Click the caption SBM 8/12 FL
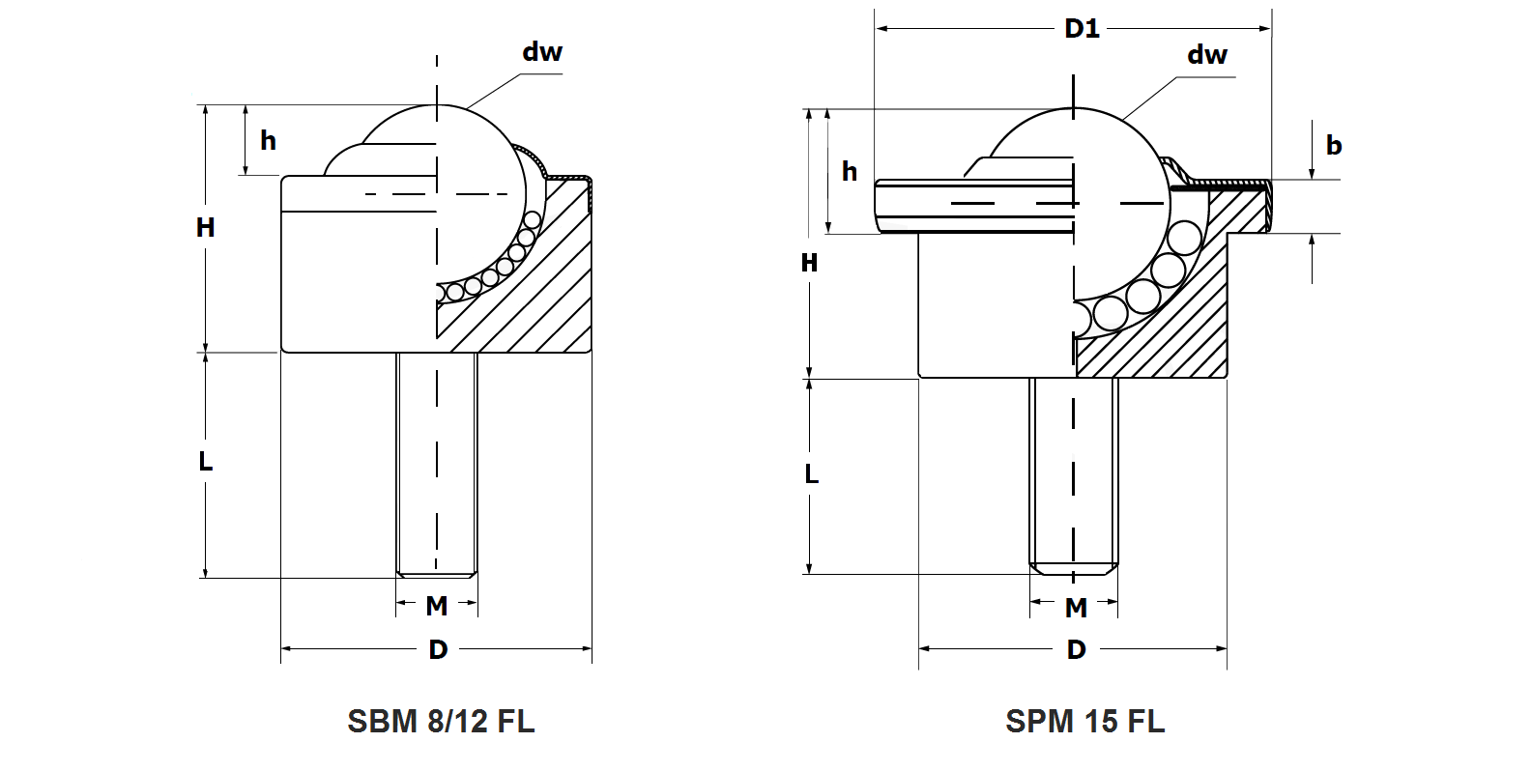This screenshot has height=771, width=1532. [441, 721]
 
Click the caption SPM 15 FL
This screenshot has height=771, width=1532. [1084, 721]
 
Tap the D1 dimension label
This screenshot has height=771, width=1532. [1082, 28]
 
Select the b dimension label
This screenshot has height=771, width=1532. [1334, 146]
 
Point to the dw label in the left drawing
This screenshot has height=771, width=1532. [542, 52]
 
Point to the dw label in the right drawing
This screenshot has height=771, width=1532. [1207, 55]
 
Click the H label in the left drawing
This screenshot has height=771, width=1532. [205, 228]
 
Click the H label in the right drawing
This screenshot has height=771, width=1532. [809, 263]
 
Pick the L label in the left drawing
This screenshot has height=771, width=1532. [205, 462]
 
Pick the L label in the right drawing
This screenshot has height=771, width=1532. [811, 474]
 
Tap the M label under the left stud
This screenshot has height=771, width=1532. [437, 606]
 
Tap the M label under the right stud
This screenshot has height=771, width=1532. [1076, 608]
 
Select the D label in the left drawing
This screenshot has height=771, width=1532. [438, 649]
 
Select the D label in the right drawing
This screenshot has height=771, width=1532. [1076, 649]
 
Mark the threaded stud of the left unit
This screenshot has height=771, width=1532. [437, 464]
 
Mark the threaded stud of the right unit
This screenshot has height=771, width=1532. [1073, 473]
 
